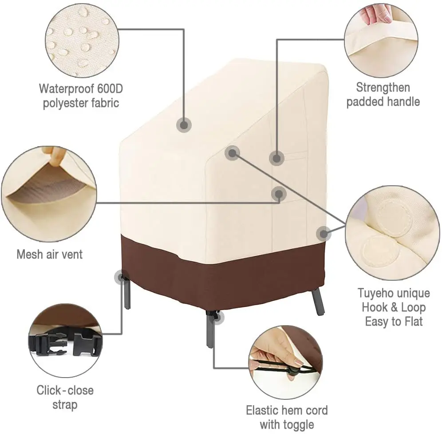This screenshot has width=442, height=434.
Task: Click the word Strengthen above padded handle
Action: tap(383, 87)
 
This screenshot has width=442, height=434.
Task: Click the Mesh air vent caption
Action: tap(50, 254)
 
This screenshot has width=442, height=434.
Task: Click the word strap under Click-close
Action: tap(65, 404)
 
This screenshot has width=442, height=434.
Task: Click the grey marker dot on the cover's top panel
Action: tap(183, 125)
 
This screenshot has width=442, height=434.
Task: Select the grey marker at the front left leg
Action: tap(120, 278)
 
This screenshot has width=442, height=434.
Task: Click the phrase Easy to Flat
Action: tap(394, 321)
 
